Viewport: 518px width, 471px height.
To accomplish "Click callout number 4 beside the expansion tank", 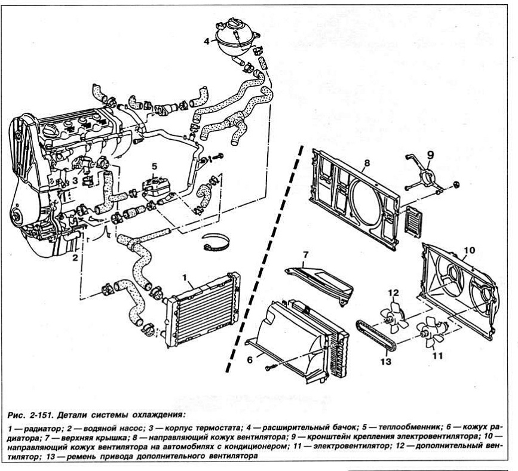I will tap(206, 41).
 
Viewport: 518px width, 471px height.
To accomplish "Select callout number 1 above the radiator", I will tap(186, 277).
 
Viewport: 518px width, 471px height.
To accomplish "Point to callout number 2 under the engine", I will tap(75, 258).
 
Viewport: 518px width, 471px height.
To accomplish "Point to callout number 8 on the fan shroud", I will tap(367, 162).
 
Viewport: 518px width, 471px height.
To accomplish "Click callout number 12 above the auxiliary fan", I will tap(393, 293).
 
